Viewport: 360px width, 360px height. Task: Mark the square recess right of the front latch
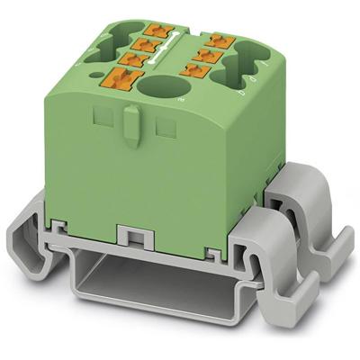pyautogui.click(x=163, y=129)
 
